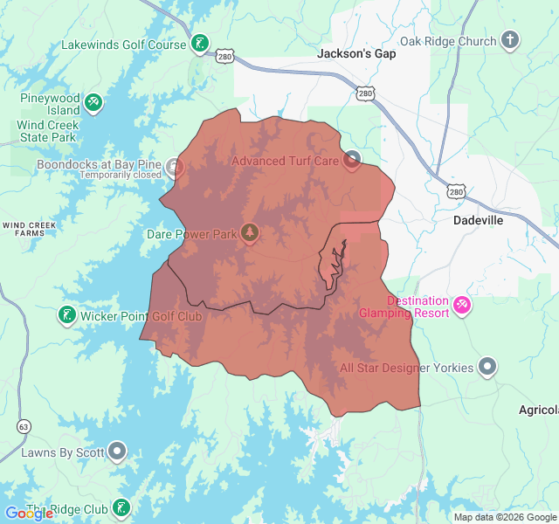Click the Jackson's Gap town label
[x=355, y=54]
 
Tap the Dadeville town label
[x=478, y=220]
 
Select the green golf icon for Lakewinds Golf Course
[x=200, y=44]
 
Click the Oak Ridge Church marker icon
[x=510, y=40]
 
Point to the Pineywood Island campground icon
[x=93, y=103]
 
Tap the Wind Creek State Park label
[x=47, y=131]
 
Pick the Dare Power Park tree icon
[x=251, y=232]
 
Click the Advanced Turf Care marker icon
[x=352, y=160]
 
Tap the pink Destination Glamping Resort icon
[x=462, y=305]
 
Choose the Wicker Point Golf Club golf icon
[x=66, y=314]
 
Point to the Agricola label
[x=539, y=410]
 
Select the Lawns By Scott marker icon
[x=117, y=452]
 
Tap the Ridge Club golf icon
[x=121, y=507]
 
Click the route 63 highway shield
[x=23, y=426]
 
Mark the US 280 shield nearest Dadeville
[x=454, y=191]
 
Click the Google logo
[x=29, y=514]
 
